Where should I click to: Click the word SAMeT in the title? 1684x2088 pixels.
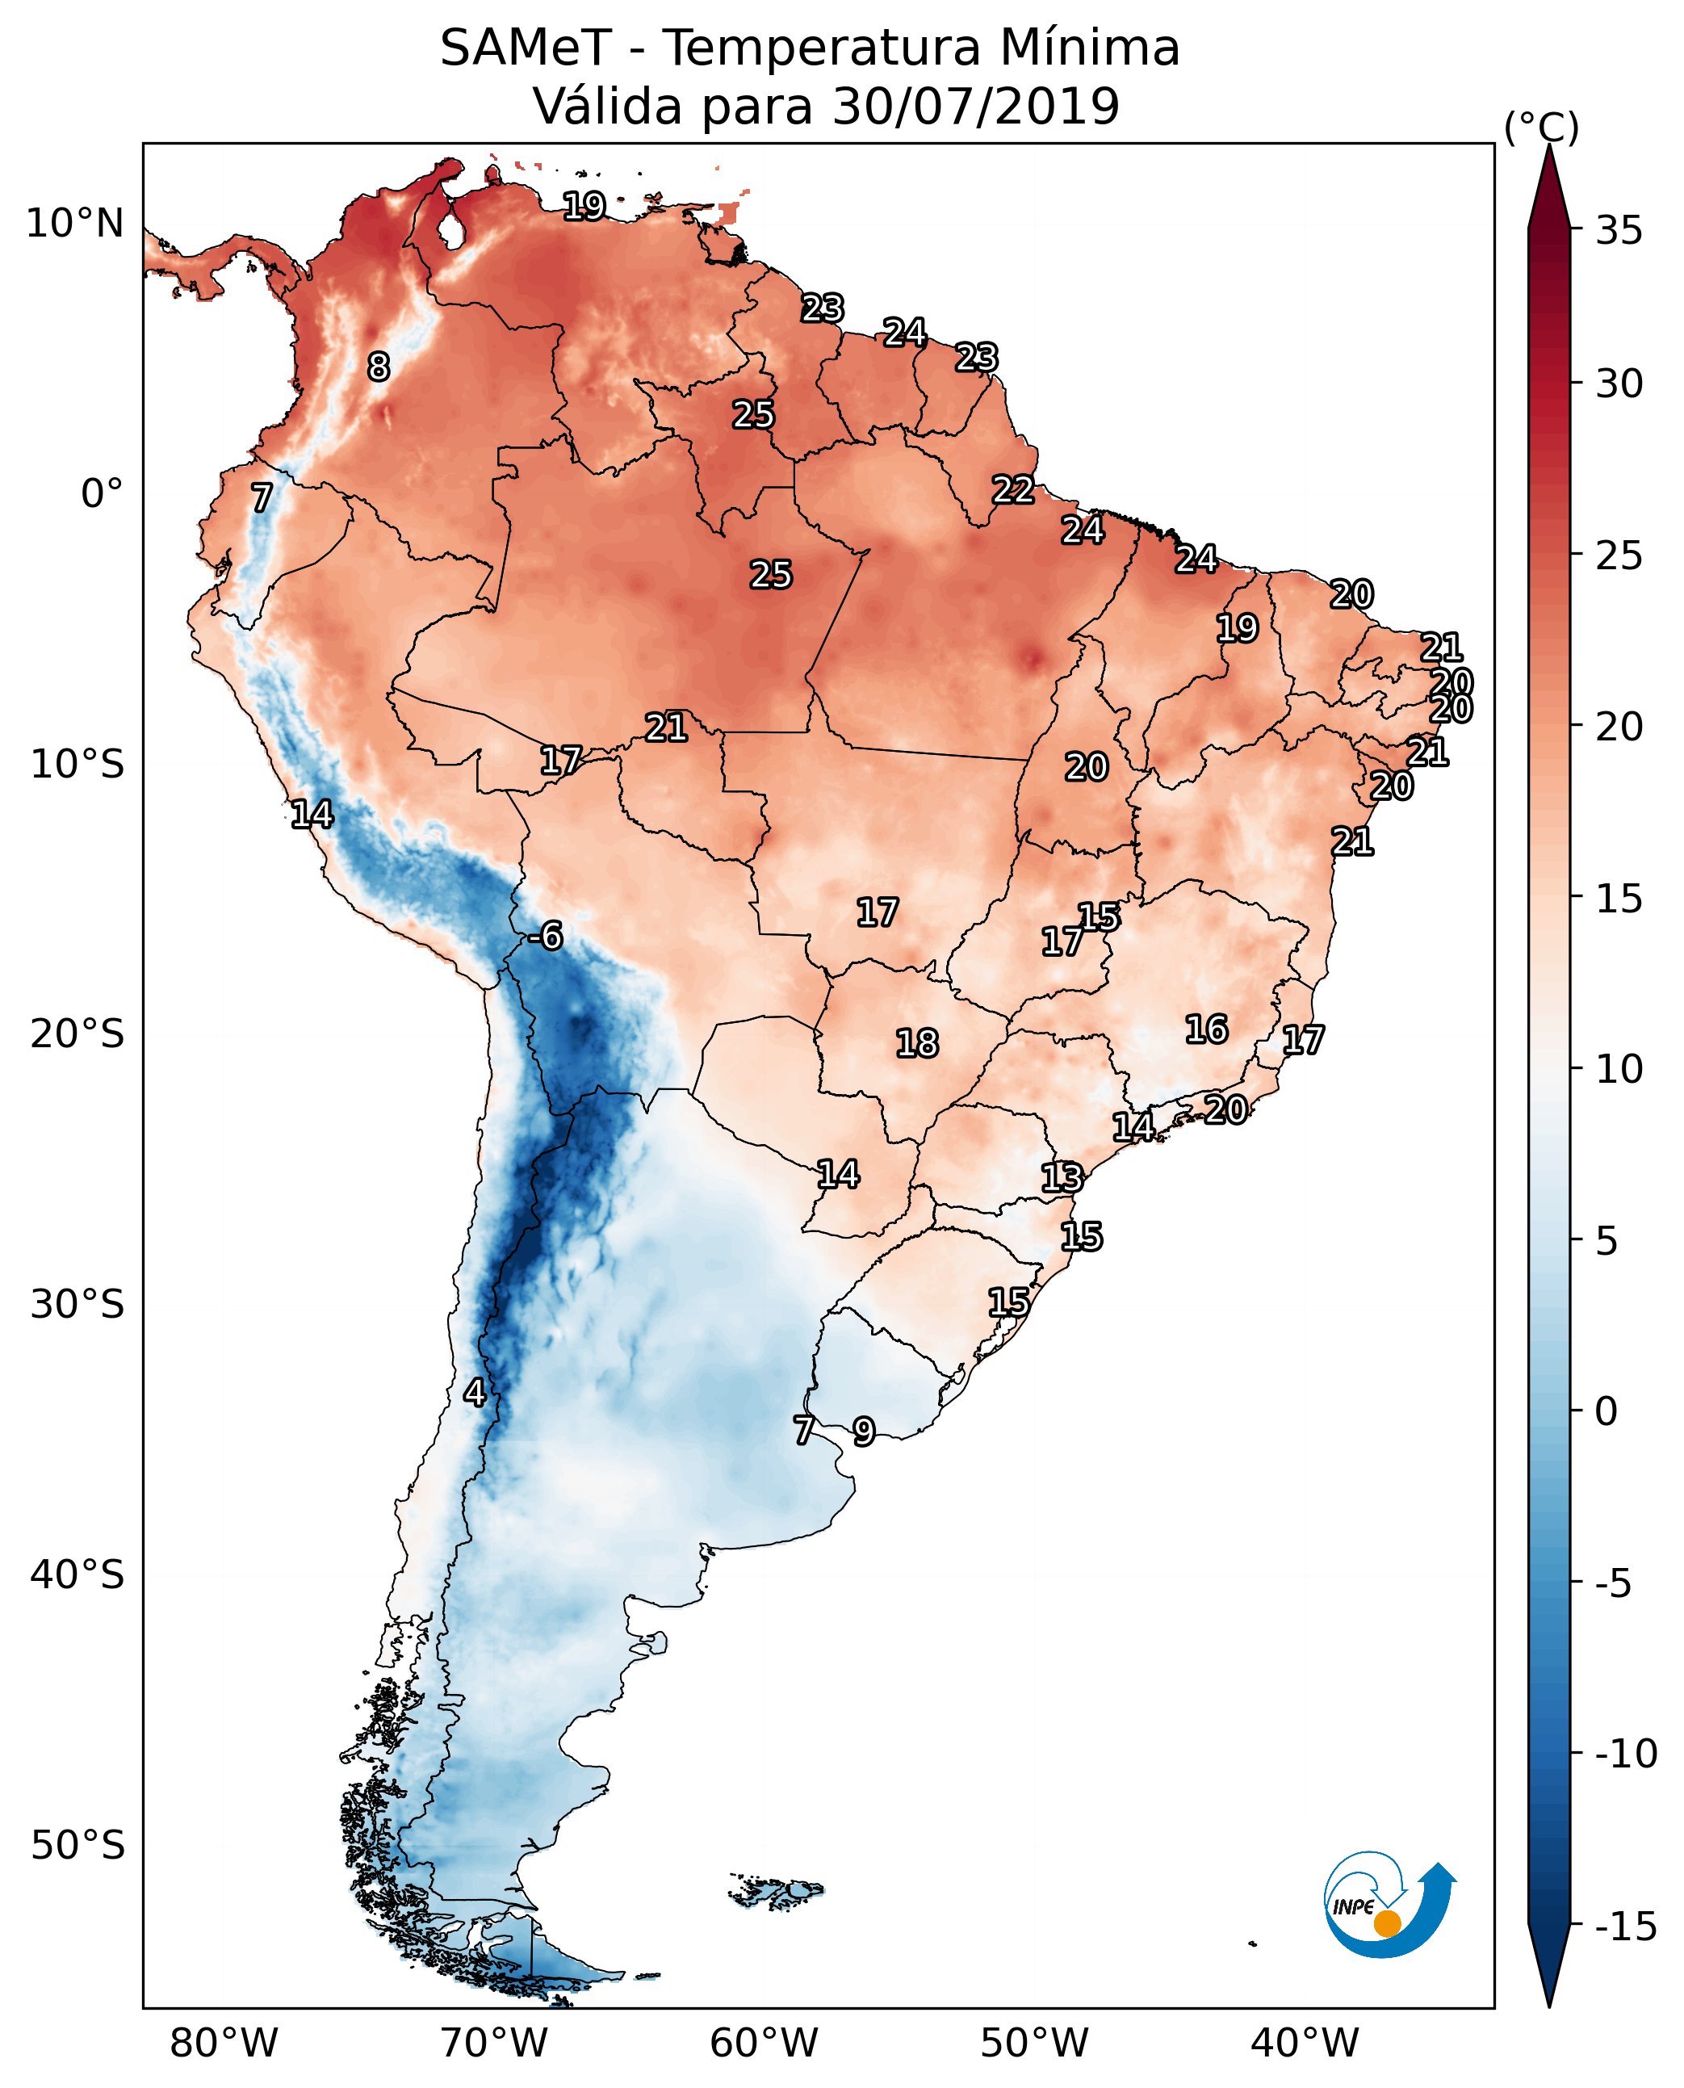click(x=525, y=48)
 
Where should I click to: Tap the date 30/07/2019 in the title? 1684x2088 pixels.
click(x=975, y=107)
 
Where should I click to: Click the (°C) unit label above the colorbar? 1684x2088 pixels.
click(x=1541, y=127)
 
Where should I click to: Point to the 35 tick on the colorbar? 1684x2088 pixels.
click(x=1619, y=231)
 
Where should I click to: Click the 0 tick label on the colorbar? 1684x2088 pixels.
click(x=1607, y=1411)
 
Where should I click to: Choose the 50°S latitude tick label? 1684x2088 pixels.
click(x=77, y=1844)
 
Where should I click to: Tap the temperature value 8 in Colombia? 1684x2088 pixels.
click(x=379, y=367)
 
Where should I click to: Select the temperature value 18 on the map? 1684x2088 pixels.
click(x=917, y=1044)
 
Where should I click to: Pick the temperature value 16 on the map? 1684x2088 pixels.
click(x=1207, y=1029)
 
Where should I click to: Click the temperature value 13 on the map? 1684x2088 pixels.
click(x=1062, y=1178)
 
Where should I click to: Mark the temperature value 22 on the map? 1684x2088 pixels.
click(x=1012, y=489)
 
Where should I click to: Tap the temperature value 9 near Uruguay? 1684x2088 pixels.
click(x=863, y=1431)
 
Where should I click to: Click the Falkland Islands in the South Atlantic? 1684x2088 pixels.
click(x=776, y=1891)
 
